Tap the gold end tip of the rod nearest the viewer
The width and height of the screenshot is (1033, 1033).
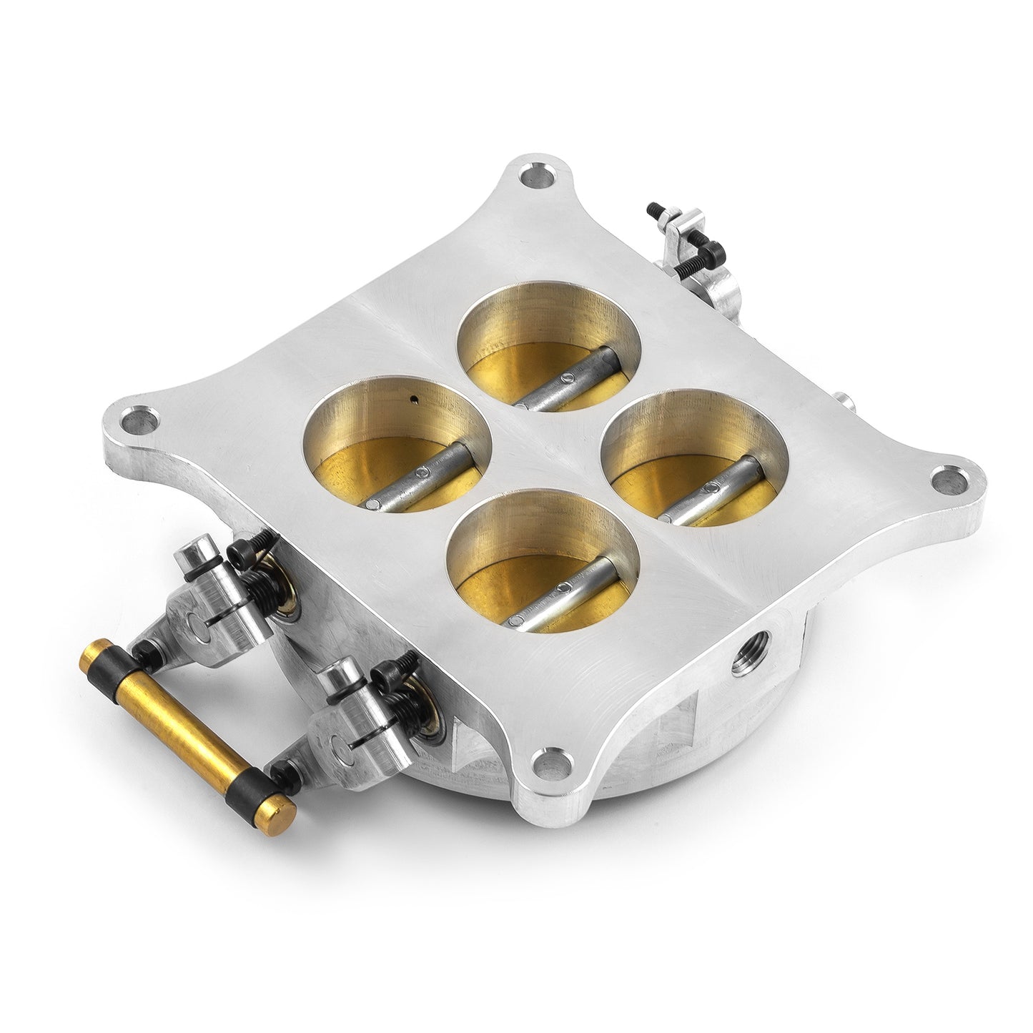tap(283, 810)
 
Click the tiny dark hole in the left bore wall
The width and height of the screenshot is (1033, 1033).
tap(413, 400)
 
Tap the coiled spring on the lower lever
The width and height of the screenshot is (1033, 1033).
tap(404, 705)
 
